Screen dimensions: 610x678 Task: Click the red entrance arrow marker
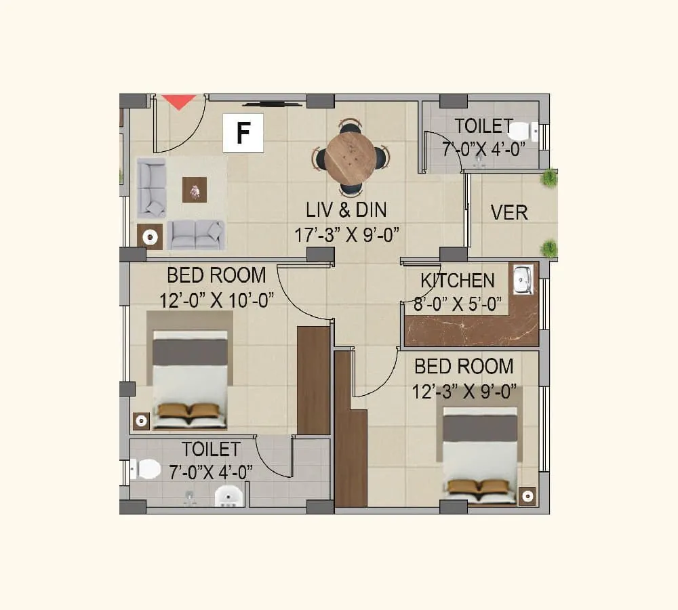179,102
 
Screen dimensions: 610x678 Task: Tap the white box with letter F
243,134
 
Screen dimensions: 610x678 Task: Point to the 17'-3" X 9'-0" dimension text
346,235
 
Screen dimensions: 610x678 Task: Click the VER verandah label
509,212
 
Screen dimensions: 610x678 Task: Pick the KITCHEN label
458,281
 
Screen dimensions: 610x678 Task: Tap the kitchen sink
523,280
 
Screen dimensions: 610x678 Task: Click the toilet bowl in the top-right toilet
521,131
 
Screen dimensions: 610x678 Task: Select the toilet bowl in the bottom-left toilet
146,468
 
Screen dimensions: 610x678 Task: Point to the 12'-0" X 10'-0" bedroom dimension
216,300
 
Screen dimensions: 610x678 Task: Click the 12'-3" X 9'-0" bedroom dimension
464,391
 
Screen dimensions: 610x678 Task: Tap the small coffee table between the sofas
195,189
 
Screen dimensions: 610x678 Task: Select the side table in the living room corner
150,237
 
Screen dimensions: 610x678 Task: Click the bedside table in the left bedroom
141,421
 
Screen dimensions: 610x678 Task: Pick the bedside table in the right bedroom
527,496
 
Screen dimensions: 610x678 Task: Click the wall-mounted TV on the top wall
273,104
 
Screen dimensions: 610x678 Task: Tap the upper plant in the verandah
549,178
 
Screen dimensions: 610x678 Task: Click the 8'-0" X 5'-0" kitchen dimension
458,304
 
